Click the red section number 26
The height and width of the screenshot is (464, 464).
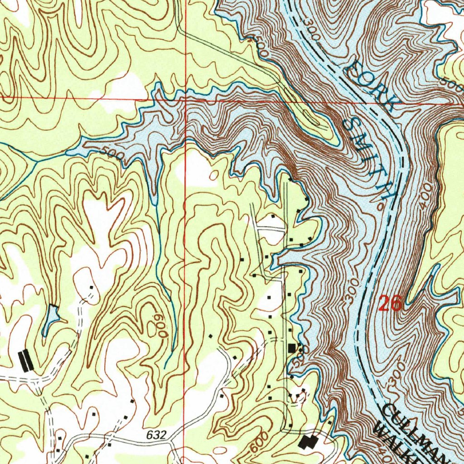pyautogui.click(x=390, y=304)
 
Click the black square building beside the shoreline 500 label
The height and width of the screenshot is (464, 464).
pyautogui.click(x=292, y=348)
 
